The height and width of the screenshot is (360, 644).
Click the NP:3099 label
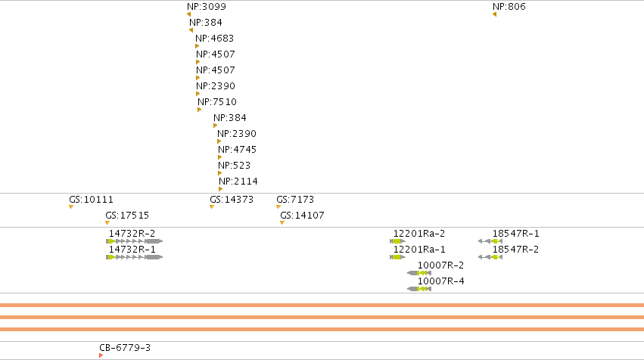point(206,7)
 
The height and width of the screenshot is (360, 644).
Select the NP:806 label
point(509,7)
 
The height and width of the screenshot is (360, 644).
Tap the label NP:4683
point(214,39)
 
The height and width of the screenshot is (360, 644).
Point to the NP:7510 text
point(217,102)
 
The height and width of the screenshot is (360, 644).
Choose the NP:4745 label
point(237,150)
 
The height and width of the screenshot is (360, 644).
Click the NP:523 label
point(234,166)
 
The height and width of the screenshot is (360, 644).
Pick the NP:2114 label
point(238,182)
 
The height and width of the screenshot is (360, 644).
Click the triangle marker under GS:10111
point(71,207)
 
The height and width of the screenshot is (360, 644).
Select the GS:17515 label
point(127,216)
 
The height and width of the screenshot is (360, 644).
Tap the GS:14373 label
point(232,200)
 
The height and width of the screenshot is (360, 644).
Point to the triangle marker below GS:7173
point(278,207)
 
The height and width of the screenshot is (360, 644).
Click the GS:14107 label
point(302,216)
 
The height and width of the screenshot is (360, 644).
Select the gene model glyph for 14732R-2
point(134,241)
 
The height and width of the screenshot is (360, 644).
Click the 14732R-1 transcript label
point(132,250)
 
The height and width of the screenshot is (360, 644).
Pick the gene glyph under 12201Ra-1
point(397,257)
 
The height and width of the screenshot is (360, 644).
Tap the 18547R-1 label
point(515,234)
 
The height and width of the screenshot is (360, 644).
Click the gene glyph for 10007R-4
point(419,289)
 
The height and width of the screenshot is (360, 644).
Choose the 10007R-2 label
point(440,265)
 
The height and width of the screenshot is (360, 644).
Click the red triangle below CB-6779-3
point(101,355)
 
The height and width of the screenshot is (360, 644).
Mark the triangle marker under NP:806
point(494,14)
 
